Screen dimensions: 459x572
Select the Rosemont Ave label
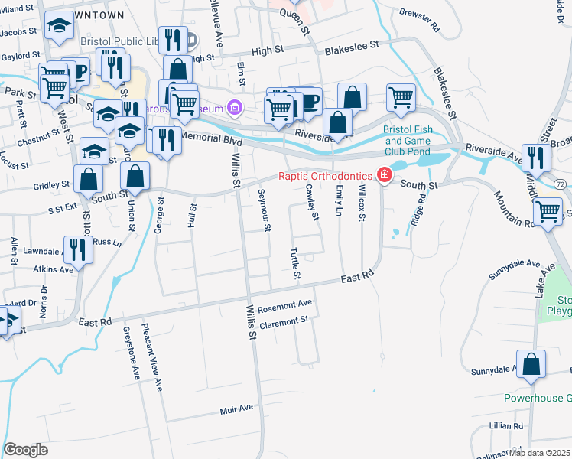(285, 307)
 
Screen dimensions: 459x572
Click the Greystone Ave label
(131, 353)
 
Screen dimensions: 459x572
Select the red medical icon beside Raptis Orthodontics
(384, 177)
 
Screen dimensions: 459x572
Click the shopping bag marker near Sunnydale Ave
(531, 364)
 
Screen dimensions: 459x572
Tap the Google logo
(26, 450)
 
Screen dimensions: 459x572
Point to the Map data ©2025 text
(540, 453)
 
